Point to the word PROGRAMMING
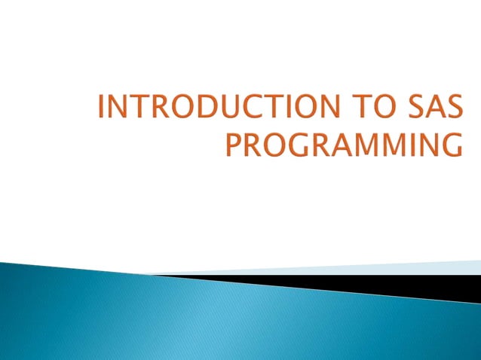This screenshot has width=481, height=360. click(343, 143)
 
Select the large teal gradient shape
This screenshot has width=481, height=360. click(188, 316)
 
